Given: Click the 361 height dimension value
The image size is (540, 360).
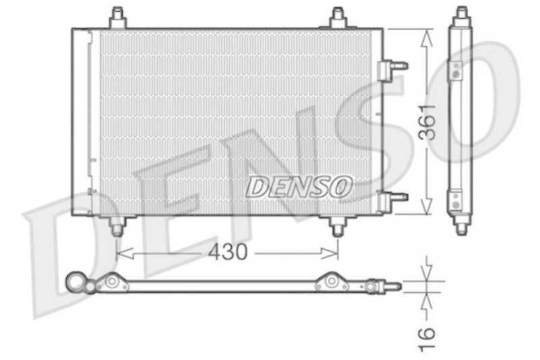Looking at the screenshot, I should point(427,122).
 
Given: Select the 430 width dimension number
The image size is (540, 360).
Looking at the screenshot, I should point(227,252).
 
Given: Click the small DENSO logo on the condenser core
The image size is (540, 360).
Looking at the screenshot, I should point(298,187).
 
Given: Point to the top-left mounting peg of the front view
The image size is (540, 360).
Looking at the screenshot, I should point(117,17).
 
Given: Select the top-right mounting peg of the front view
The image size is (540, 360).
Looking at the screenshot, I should point(338,17).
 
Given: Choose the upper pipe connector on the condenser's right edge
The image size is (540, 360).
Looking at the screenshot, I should point(393,67).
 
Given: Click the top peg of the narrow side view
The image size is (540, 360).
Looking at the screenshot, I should point(462,14).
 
